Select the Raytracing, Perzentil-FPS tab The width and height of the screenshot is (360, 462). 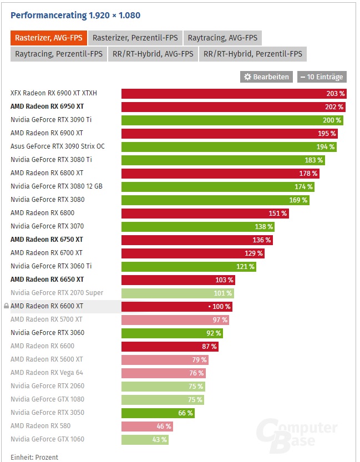pyautogui.click(x=58, y=54)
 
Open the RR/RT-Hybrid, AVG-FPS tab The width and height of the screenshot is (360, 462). pyautogui.click(x=153, y=54)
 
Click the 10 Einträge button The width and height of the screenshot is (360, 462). pyautogui.click(x=322, y=77)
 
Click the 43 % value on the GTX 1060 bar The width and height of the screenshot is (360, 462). pyautogui.click(x=159, y=440)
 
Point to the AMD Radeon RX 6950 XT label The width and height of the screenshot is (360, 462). pyautogui.click(x=47, y=106)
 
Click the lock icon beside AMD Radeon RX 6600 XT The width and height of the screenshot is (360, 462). pyautogui.click(x=6, y=306)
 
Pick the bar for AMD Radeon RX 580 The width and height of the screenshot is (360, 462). pyautogui.click(x=147, y=427)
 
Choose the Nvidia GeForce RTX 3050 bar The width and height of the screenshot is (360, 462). pyautogui.click(x=158, y=413)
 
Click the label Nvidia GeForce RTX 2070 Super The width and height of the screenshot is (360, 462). pyautogui.click(x=57, y=293)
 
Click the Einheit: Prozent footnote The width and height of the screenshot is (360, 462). pyautogui.click(x=34, y=458)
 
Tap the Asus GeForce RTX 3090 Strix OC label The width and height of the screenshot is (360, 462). pyautogui.click(x=57, y=146)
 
